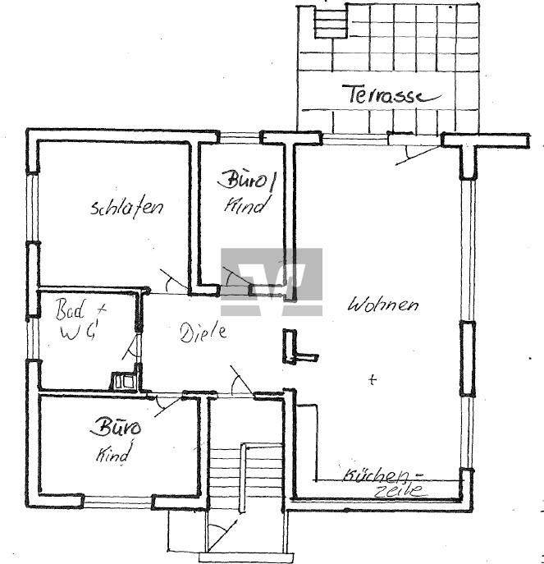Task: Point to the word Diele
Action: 202,332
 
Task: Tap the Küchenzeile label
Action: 380,482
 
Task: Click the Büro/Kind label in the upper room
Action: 246,191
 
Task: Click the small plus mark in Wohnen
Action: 373,379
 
